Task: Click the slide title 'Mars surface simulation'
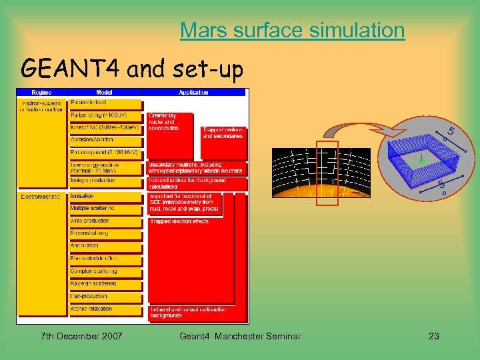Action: click(292, 30)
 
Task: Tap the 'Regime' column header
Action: click(40, 93)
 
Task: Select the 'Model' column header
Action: click(105, 93)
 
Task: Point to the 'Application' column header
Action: click(193, 93)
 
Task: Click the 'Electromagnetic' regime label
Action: click(41, 197)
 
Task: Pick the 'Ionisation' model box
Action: click(105, 197)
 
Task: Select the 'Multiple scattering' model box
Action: click(105, 209)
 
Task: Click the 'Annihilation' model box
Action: click(105, 246)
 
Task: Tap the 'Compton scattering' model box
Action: click(105, 271)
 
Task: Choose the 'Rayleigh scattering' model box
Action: click(105, 284)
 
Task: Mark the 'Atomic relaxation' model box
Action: click(105, 309)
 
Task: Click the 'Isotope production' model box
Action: click(105, 181)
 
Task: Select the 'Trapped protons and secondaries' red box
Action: click(223, 133)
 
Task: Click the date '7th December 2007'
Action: click(81, 336)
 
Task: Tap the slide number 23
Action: click(433, 336)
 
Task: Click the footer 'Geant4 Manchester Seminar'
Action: click(240, 336)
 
